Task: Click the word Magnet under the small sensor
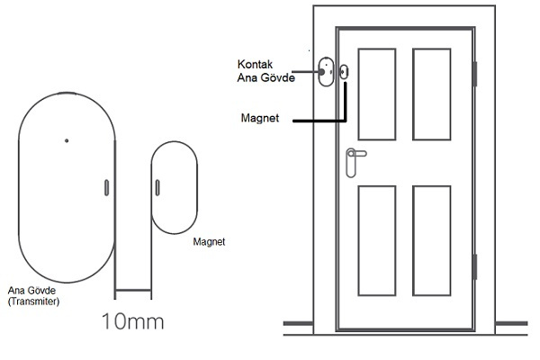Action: pyautogui.click(x=209, y=242)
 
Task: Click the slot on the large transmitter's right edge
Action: pyautogui.click(x=106, y=186)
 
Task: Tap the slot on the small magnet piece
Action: pyautogui.click(x=157, y=186)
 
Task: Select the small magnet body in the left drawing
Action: pyautogui.click(x=175, y=186)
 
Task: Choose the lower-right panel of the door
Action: pyautogui.click(x=429, y=239)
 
